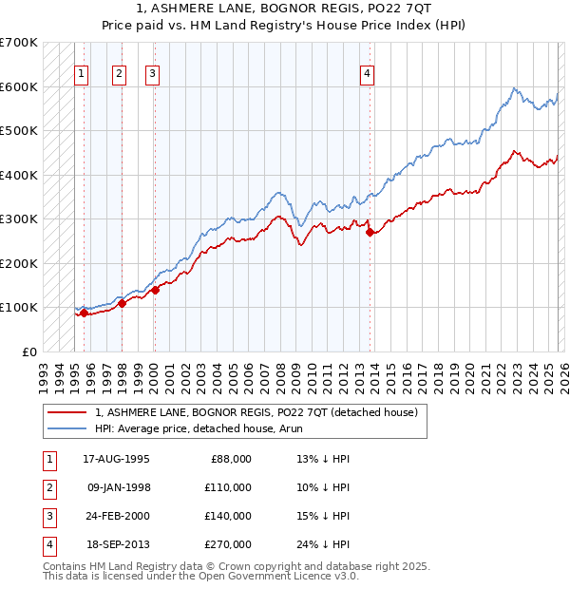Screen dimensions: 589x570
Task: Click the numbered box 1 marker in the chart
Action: [x=82, y=73]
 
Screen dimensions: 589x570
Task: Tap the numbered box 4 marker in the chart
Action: [x=367, y=73]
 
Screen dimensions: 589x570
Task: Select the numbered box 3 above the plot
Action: [x=153, y=73]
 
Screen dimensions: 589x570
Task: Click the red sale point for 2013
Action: [x=370, y=232]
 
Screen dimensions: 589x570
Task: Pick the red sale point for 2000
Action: [x=155, y=290]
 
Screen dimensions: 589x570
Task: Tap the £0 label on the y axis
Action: [x=29, y=351]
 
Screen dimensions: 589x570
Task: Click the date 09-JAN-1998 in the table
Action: [x=118, y=487]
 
